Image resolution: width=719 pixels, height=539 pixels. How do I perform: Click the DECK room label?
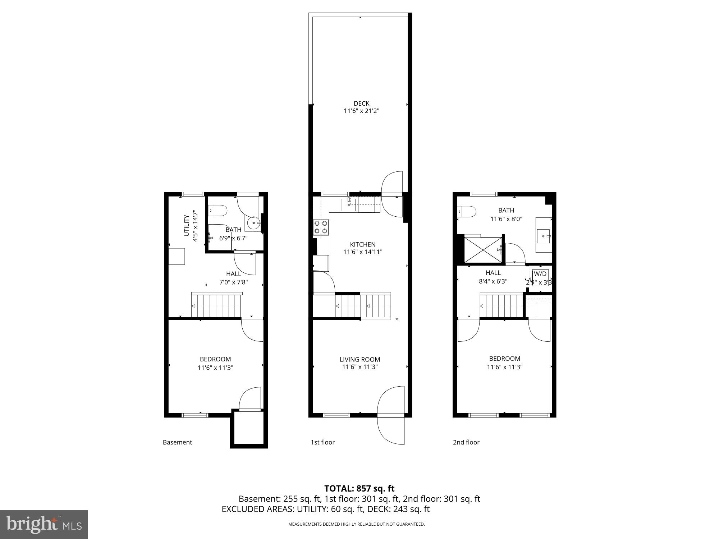361,103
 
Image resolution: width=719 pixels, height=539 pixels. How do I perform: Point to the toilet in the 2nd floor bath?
467,212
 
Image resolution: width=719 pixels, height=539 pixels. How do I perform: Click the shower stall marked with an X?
482,249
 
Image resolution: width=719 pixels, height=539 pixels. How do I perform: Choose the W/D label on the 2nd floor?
540,274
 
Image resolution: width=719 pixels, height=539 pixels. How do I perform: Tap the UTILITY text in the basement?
186,225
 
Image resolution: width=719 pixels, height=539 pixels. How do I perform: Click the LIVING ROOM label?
359,359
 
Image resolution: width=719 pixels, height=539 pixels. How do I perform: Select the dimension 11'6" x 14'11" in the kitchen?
362,252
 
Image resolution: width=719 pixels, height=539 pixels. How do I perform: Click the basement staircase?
216,306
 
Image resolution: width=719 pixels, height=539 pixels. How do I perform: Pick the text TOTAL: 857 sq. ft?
359,489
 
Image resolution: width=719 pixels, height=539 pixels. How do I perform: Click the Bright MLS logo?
44,524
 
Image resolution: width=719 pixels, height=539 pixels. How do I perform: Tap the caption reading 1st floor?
322,442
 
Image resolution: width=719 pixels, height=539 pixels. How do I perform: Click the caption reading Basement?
177,442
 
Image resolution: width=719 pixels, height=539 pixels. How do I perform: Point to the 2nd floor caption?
466,442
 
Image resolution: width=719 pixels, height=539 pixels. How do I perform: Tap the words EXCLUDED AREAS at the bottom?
257,509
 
